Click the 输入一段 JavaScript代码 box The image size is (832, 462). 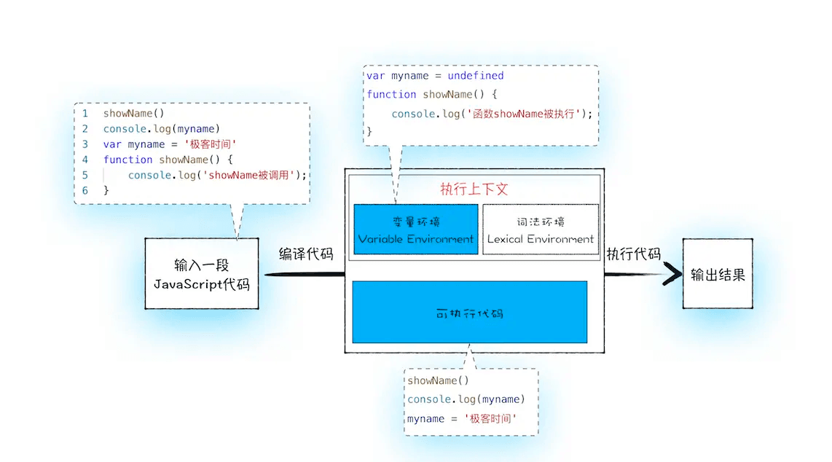click(202, 274)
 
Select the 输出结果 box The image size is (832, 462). click(717, 275)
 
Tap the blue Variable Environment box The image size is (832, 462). click(416, 230)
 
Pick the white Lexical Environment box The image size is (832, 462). click(541, 230)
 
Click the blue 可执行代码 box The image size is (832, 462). click(469, 313)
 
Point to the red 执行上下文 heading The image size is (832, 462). click(474, 189)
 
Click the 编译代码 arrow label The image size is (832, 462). click(306, 254)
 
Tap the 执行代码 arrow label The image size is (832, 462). click(633, 254)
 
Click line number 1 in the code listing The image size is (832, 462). click(85, 114)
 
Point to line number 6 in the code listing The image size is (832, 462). click(85, 190)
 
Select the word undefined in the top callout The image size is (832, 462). click(476, 76)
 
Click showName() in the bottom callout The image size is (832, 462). click(438, 380)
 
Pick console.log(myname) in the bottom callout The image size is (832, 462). click(466, 399)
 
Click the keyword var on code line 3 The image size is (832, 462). click(112, 144)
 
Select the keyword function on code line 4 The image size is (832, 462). click(127, 160)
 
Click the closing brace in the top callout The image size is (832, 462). click(370, 132)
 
